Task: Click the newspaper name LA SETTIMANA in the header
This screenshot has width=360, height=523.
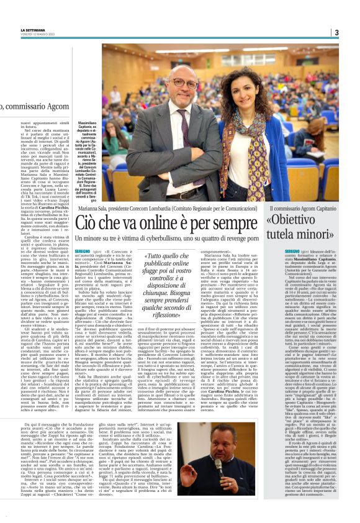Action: [33, 29]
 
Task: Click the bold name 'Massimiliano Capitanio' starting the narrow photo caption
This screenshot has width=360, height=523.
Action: [87, 127]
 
